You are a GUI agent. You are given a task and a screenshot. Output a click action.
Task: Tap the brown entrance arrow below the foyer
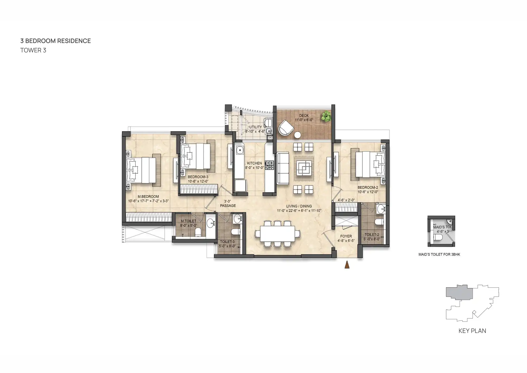(347, 265)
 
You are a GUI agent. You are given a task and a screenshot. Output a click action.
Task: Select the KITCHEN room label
(254, 163)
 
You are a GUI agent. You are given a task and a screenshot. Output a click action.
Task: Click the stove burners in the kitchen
(269, 165)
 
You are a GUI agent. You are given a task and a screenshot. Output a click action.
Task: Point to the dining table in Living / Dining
(277, 234)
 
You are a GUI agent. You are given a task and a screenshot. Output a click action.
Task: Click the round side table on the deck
(297, 135)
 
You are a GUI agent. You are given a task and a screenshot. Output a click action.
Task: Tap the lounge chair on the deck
(286, 128)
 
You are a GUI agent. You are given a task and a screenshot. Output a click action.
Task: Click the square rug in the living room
(304, 168)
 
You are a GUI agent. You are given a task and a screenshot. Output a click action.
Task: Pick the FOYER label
(346, 236)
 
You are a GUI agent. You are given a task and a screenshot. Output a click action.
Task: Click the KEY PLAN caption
(472, 331)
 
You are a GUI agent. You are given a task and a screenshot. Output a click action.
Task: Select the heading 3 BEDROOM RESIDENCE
(56, 41)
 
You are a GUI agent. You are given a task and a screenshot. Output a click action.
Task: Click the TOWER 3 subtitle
(33, 50)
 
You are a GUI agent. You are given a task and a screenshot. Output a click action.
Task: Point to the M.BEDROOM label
(148, 197)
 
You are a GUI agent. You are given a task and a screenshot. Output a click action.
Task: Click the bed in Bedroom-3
(196, 156)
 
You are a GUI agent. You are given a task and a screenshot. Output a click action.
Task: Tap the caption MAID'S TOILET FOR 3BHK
(439, 255)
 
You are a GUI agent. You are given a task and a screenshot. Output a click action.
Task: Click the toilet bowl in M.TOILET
(198, 232)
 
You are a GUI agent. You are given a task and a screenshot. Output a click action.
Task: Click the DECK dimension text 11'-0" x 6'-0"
(304, 120)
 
